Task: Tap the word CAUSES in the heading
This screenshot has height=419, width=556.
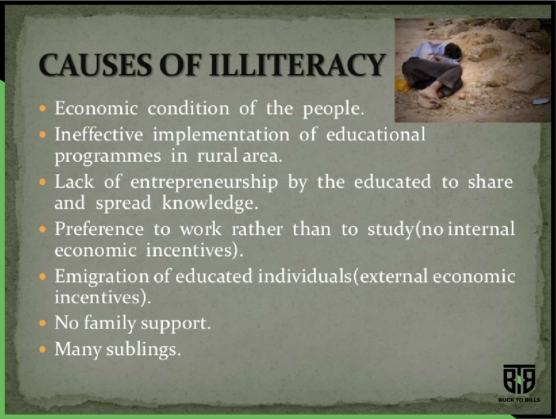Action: coord(96,65)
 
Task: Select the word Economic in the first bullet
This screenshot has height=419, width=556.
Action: coord(96,108)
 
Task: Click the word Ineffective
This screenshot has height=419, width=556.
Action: coord(99,135)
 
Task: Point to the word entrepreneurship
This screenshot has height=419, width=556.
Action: coord(204,183)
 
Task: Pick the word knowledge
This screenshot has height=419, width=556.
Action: coord(210,204)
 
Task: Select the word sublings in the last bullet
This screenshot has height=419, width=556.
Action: coord(144,349)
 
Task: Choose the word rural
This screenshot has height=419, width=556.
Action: coord(218,155)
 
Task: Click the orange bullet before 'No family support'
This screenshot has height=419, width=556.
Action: coord(42,323)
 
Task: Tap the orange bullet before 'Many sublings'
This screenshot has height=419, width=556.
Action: coord(42,349)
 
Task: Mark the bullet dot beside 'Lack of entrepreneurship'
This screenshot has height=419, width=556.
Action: coord(42,182)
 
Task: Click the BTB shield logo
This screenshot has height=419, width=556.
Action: coord(519,379)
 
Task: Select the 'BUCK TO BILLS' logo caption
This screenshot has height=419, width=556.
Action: coord(519,400)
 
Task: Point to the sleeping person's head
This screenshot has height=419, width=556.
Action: coord(452,52)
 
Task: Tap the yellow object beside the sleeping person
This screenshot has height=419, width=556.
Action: coord(402,84)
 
